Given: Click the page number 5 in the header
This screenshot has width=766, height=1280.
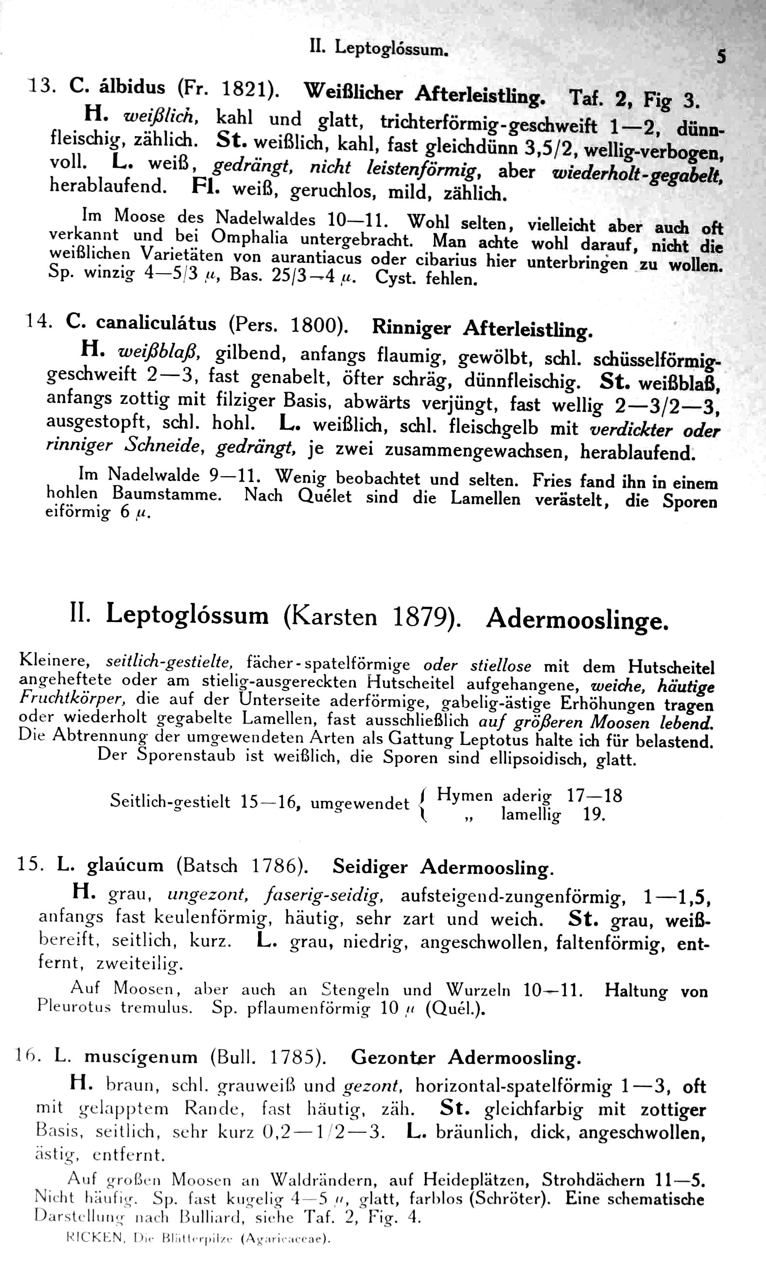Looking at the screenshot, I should click(721, 56).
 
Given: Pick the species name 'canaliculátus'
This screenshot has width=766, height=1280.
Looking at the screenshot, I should click(156, 323).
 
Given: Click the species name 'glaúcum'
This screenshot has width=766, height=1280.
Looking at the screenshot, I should click(125, 865).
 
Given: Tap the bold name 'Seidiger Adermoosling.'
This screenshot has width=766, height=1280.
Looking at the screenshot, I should click(443, 867).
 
